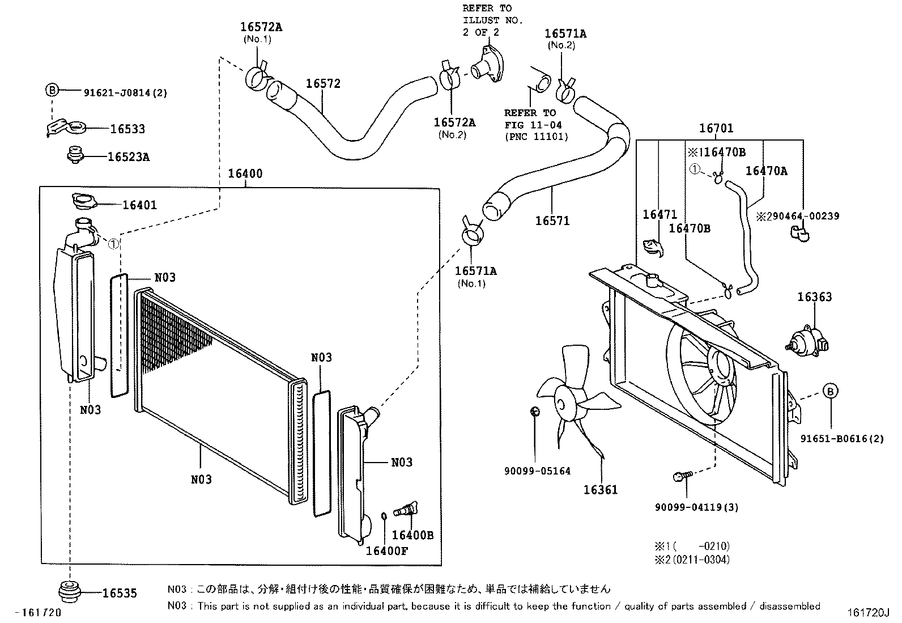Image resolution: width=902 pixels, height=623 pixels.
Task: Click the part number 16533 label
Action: tap(127, 129)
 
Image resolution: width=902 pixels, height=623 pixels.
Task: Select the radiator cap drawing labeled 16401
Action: tap(83, 201)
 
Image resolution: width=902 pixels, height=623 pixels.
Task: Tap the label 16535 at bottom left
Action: tap(120, 594)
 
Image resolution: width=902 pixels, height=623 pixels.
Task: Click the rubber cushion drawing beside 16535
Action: tap(70, 590)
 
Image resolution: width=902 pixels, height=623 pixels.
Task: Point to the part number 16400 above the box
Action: tap(245, 173)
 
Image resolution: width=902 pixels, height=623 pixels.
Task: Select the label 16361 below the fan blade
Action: tap(601, 489)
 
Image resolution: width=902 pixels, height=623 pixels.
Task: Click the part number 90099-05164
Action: tap(537, 471)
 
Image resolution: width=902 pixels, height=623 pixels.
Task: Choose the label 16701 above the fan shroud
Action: tap(716, 129)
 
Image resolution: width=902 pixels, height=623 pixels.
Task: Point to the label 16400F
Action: tap(386, 550)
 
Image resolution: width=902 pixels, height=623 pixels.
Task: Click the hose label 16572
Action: tap(323, 84)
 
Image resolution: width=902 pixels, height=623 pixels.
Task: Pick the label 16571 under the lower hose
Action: tap(552, 221)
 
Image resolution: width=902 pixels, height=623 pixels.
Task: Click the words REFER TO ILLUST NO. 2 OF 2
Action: tap(492, 20)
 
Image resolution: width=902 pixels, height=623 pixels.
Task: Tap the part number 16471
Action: tap(660, 214)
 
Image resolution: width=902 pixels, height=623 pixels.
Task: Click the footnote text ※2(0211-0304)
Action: tap(692, 560)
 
